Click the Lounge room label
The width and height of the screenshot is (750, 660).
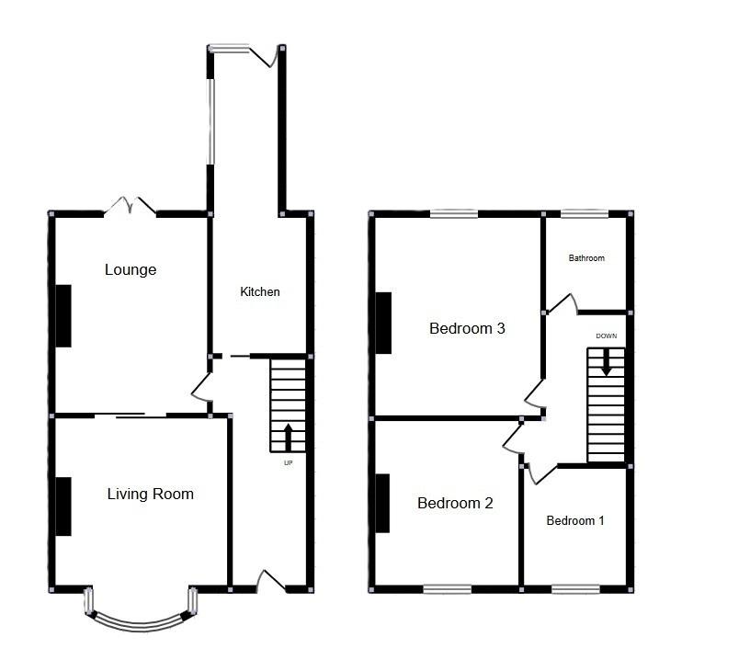(131, 269)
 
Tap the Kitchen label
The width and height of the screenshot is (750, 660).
(260, 291)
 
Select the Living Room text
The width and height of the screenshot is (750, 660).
(150, 494)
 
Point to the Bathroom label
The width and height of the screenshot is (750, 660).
(586, 258)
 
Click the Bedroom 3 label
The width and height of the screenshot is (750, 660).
(467, 328)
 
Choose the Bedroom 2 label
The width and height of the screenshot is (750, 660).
(455, 503)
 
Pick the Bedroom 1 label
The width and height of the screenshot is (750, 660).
(575, 521)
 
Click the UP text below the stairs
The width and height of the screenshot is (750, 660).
(288, 463)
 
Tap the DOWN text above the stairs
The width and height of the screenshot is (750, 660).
(606, 336)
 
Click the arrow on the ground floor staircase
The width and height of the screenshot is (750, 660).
(288, 438)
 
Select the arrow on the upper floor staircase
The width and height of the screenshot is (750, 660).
(606, 362)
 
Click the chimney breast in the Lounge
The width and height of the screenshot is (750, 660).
(63, 316)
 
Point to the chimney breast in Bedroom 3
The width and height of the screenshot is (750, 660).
(383, 324)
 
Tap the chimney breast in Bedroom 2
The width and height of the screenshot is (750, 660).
(382, 503)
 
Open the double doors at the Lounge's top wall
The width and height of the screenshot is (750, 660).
(131, 206)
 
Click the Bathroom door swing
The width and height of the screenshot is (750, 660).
(562, 304)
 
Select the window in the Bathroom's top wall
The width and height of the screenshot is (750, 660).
(585, 214)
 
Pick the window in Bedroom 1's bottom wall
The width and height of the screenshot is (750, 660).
(576, 589)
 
